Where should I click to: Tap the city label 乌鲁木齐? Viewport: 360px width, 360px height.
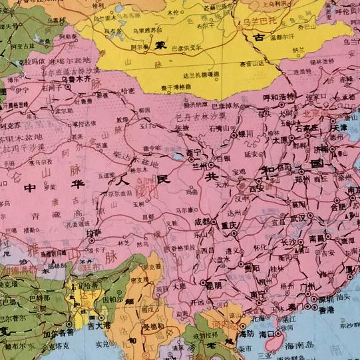75,79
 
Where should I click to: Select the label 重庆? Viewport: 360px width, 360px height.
230,225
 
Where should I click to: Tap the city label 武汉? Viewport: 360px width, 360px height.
297,218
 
